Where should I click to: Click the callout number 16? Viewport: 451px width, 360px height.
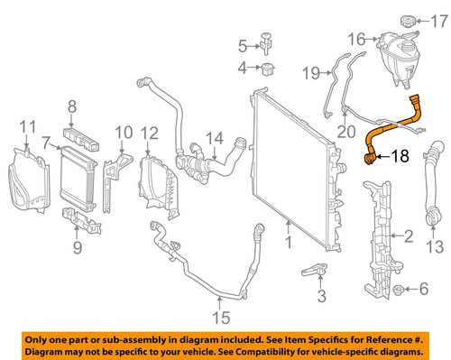click(x=355, y=39)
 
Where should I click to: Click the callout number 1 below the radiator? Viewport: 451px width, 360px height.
click(x=288, y=243)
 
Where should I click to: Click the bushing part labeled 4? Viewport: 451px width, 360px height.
click(x=267, y=68)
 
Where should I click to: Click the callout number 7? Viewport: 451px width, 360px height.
click(x=45, y=142)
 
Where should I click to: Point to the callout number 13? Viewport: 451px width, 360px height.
click(x=434, y=246)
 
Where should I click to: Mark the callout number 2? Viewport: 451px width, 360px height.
click(x=408, y=236)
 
